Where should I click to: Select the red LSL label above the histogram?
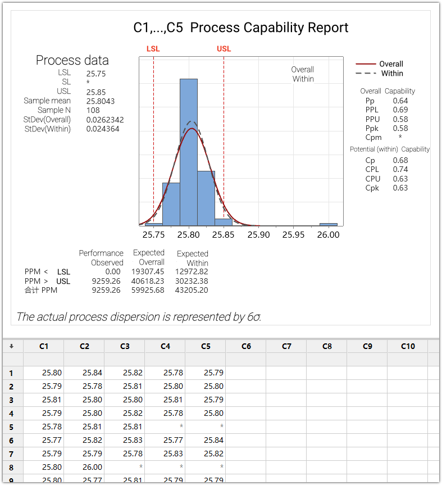153,49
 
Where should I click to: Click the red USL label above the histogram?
224,49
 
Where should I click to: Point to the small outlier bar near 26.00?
329,224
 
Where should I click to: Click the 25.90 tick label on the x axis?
258,235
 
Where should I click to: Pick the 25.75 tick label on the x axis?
154,235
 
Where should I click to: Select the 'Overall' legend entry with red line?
391,64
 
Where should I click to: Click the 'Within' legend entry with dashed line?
392,74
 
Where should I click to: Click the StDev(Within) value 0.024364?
103,129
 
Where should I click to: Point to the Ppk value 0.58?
400,128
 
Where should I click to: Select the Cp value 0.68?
400,160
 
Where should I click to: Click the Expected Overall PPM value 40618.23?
148,281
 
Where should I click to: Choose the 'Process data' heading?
72,61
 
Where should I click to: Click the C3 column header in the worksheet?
125,346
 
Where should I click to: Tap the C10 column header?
408,346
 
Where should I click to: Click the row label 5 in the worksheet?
11,427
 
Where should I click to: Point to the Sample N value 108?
93,110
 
